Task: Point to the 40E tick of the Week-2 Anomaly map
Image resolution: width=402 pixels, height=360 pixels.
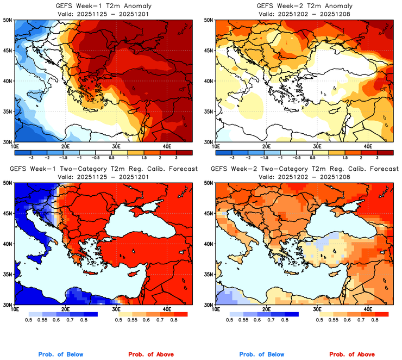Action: pos(367,146)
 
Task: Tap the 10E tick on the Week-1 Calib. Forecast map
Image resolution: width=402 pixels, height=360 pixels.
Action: pos(15,309)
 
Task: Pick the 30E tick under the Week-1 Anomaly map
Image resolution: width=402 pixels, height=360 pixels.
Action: pos(116,146)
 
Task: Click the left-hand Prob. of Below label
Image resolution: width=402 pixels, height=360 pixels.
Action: pos(61,355)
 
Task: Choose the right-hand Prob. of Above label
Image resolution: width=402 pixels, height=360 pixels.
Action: pos(354,355)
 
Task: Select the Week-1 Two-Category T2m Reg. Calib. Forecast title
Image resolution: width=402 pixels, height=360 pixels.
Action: pos(102,170)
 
